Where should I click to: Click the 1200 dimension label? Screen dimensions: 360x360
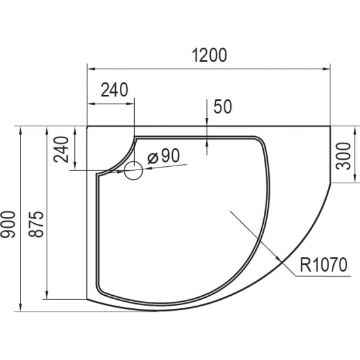(x=209, y=56)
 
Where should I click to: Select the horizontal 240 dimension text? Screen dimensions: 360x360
(x=114, y=90)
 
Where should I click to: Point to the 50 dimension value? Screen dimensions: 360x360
(x=223, y=107)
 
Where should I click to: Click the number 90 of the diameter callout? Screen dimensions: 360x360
(x=170, y=156)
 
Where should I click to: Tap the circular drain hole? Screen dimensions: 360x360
(x=134, y=171)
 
